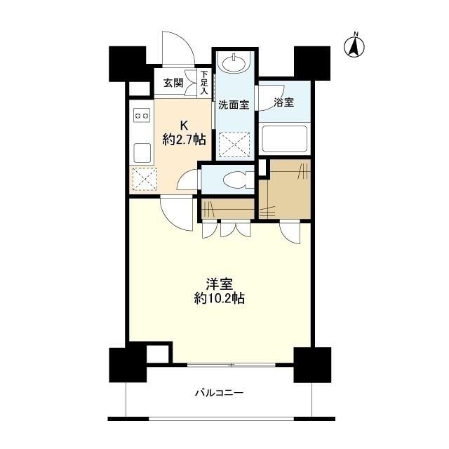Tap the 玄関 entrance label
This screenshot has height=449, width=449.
pyautogui.click(x=174, y=83)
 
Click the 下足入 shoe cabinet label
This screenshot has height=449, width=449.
pyautogui.click(x=204, y=83)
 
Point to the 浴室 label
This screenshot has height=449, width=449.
pyautogui.click(x=284, y=102)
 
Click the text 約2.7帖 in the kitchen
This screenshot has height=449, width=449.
pyautogui.click(x=184, y=140)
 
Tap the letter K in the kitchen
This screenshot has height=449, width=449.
pyautogui.click(x=183, y=125)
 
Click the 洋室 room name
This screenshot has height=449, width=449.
pyautogui.click(x=220, y=283)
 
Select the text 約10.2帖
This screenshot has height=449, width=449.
pyautogui.click(x=220, y=298)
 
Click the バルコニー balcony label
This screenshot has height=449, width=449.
pyautogui.click(x=219, y=393)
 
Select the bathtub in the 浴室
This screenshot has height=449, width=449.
pyautogui.click(x=284, y=138)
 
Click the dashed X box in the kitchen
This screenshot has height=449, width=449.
pyautogui.click(x=143, y=180)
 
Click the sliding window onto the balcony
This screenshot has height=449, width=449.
pyautogui.click(x=231, y=365)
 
